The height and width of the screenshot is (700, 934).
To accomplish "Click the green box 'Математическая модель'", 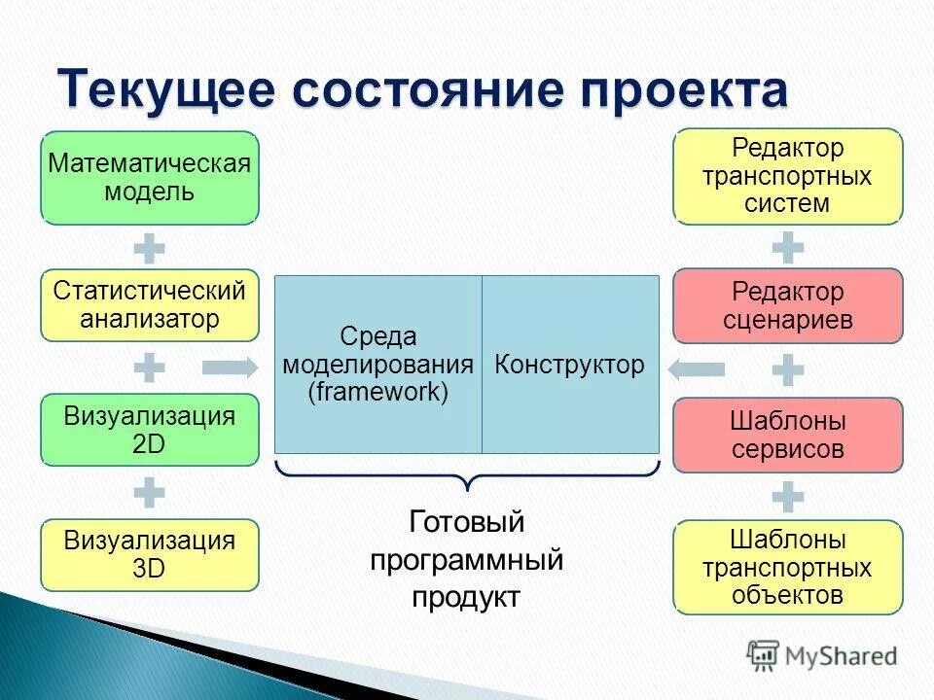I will (149, 177).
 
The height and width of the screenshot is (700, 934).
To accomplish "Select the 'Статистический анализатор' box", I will (149, 304).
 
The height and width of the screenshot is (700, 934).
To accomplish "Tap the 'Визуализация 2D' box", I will (149, 430).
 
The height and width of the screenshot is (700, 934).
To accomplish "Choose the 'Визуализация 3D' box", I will (149, 554).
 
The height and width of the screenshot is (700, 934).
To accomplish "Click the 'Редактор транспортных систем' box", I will (788, 176).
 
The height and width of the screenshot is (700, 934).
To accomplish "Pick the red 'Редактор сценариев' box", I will (788, 305).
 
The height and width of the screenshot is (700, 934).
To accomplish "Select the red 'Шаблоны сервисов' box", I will (788, 436).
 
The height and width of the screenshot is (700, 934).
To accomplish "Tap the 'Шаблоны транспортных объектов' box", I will (788, 567).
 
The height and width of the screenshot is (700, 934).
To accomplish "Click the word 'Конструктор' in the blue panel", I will (569, 366).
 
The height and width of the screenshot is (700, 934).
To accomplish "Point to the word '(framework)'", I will (377, 393).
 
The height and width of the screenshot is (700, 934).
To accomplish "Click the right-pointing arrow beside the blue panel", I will (230, 367).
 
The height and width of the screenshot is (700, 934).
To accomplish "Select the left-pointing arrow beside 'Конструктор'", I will (697, 369).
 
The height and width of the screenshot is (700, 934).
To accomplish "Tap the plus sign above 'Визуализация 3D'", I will (149, 492).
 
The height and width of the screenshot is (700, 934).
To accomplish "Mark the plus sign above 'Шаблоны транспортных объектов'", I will (788, 498).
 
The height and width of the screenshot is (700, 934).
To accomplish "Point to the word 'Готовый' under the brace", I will (466, 522).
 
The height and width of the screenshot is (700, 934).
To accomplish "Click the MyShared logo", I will (822, 655).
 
